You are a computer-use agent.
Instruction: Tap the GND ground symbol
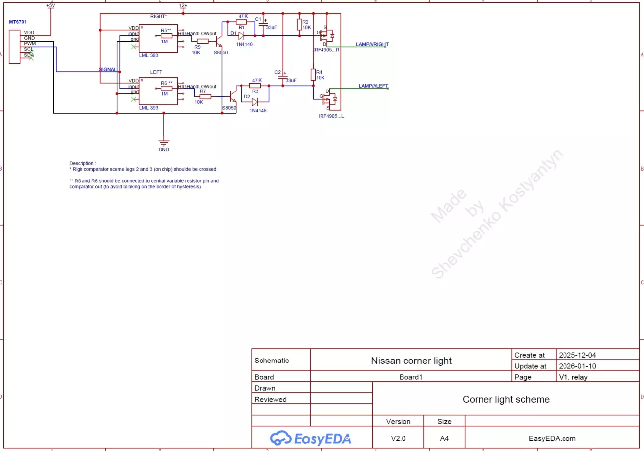(164, 144)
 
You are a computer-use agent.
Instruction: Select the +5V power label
(50, 6)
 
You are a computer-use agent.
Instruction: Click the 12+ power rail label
(183, 6)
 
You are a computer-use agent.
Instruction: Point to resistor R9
(202, 41)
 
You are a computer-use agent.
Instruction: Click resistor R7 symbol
(205, 96)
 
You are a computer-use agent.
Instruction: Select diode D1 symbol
(241, 35)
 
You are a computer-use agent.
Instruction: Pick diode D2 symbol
(255, 102)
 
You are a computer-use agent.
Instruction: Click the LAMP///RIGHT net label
(372, 44)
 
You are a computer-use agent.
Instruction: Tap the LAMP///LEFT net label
(373, 86)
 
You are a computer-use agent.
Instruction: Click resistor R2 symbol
(299, 25)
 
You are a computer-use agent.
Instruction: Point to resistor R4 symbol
(313, 75)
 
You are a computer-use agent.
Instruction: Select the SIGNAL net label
(108, 69)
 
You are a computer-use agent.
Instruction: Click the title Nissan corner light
(411, 361)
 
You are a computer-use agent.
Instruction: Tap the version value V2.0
(398, 438)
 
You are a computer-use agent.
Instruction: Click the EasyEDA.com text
(552, 438)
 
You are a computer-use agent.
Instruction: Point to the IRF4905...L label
(331, 116)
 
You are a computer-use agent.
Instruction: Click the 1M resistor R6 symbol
(166, 89)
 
